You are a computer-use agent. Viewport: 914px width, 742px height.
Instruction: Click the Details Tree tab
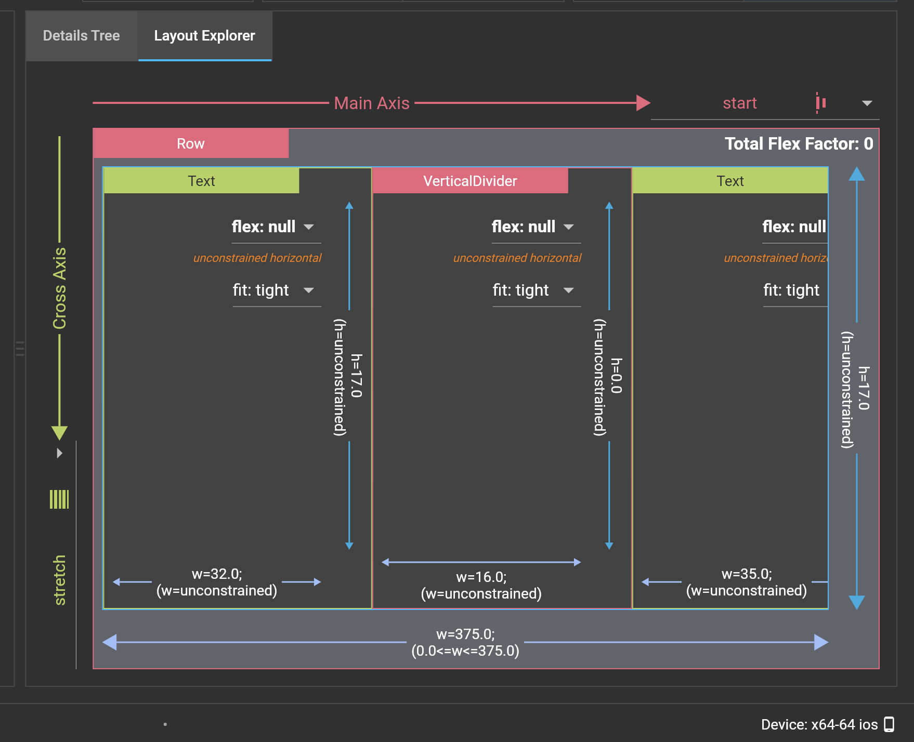point(81,36)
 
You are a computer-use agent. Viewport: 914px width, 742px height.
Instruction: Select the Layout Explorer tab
point(204,36)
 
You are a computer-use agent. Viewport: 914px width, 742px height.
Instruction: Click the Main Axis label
point(371,103)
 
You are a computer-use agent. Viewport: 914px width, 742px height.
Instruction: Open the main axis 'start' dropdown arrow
point(866,103)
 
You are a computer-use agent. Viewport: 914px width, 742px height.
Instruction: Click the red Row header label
point(191,143)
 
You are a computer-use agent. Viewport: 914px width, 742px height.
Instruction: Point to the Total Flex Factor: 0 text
point(799,143)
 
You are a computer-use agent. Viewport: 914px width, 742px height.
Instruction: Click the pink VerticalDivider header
point(470,181)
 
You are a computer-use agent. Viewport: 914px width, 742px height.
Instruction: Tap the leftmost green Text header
point(201,181)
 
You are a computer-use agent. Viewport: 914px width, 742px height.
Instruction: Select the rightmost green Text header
point(730,181)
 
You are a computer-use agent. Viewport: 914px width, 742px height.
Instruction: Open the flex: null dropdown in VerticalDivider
point(569,227)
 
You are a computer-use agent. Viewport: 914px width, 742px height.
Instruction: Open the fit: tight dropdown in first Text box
point(309,290)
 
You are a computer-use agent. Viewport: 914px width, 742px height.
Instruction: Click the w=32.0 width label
point(217,574)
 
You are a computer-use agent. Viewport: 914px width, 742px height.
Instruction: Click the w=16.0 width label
point(481,577)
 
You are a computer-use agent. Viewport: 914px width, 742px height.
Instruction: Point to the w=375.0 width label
point(465,634)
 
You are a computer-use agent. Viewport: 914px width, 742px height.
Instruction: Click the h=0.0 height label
point(616,376)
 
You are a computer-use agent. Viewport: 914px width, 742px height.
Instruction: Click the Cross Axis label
point(59,288)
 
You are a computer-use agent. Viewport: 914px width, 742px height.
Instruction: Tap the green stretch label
point(59,580)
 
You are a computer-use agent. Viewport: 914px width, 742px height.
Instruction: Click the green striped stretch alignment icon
point(59,499)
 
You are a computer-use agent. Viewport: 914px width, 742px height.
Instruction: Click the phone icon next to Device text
point(889,724)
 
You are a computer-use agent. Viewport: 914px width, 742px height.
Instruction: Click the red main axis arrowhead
point(643,103)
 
